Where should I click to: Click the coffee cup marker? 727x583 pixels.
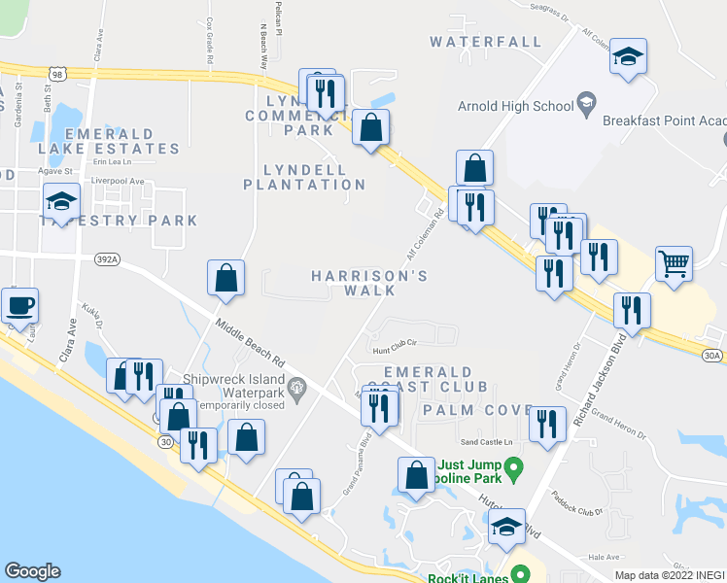click(x=19, y=306)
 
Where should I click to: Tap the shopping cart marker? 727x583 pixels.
click(x=674, y=262)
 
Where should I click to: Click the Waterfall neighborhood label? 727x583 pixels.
click(x=485, y=42)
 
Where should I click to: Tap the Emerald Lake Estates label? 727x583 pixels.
click(x=109, y=141)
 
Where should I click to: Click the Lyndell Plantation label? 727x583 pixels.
click(x=304, y=176)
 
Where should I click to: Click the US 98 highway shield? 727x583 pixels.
click(x=59, y=74)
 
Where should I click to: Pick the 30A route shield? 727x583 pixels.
click(x=712, y=356)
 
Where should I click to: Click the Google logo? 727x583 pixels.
click(x=33, y=571)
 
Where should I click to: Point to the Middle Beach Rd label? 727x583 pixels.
click(x=250, y=343)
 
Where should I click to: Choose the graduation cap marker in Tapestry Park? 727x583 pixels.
click(x=60, y=202)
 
